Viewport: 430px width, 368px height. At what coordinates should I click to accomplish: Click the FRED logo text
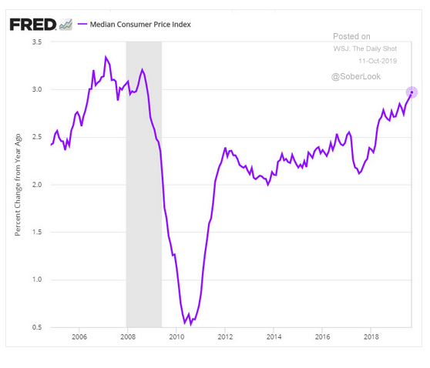tap(33, 24)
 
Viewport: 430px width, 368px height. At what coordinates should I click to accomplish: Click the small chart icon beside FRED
tap(66, 25)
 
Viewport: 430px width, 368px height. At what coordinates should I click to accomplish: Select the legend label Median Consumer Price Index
tap(142, 25)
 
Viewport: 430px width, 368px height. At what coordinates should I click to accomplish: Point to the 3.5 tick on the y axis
tap(36, 42)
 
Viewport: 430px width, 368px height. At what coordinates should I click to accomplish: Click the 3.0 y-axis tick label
tap(36, 89)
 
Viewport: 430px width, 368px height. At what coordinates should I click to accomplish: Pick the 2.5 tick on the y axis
tap(36, 137)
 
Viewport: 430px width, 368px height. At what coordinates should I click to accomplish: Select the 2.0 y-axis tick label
tap(36, 185)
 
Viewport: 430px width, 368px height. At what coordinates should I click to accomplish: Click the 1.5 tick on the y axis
tap(36, 233)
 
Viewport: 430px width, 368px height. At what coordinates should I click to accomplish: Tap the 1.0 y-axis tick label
tap(36, 279)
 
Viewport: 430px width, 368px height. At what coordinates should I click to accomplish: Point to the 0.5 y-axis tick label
tap(36, 327)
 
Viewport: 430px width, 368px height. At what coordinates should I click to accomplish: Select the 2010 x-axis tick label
tap(176, 336)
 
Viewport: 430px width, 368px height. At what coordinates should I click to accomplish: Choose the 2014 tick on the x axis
tap(274, 336)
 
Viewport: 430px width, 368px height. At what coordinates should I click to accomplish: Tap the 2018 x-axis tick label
tap(371, 336)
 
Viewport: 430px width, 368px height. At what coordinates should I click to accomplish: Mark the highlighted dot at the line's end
tap(412, 92)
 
